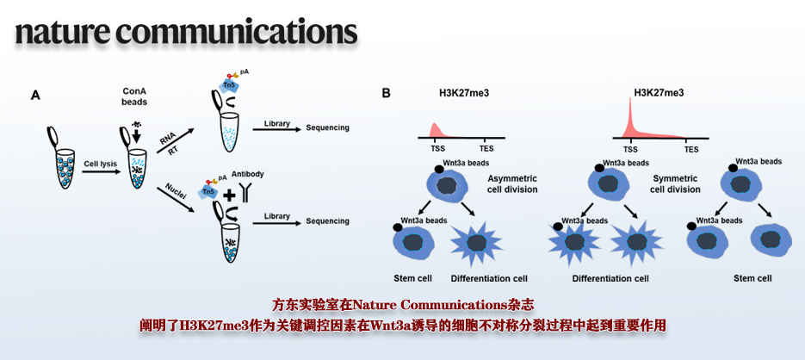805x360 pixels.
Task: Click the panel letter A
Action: pyautogui.click(x=35, y=96)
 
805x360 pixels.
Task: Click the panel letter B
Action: pyautogui.click(x=387, y=92)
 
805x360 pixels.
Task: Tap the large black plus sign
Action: pyautogui.click(x=229, y=196)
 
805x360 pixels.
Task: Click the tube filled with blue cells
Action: pyautogui.click(x=61, y=158)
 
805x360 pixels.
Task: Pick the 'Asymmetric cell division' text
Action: pyautogui.click(x=512, y=183)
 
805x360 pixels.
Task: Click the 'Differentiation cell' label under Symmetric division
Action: pyautogui.click(x=610, y=279)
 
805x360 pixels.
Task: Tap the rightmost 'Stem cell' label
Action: pyautogui.click(x=752, y=279)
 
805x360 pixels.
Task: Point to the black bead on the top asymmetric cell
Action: pyautogui.click(x=438, y=170)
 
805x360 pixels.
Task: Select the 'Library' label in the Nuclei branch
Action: pyautogui.click(x=276, y=216)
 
